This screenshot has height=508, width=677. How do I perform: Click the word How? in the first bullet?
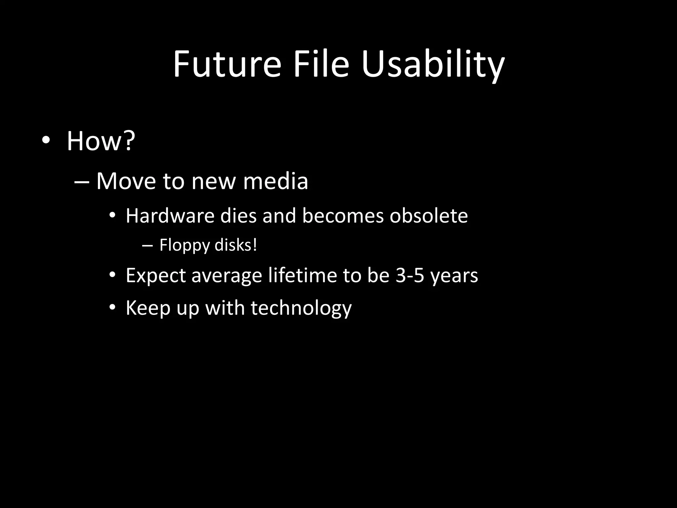click(x=101, y=141)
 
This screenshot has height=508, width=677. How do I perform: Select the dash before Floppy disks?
click(x=147, y=246)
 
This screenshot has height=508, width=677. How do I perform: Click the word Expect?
click(x=156, y=275)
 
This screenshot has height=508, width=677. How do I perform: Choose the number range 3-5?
click(x=410, y=275)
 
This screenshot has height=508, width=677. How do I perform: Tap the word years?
click(x=454, y=276)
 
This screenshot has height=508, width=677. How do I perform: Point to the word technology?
click(x=301, y=309)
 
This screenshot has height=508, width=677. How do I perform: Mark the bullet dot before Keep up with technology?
click(x=112, y=308)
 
